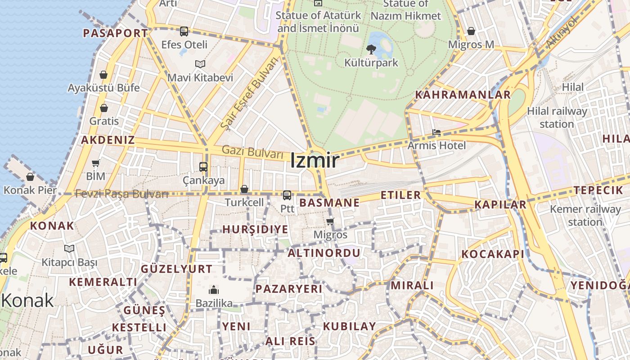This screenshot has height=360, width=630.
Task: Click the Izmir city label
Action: click(x=314, y=161)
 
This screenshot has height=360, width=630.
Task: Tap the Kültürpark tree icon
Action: click(x=371, y=49)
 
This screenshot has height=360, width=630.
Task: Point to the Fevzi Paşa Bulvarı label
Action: click(x=121, y=194)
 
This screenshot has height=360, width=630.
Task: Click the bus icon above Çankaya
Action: click(x=203, y=167)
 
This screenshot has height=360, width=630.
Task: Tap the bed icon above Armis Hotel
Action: click(x=436, y=133)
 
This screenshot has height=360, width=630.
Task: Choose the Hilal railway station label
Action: click(x=557, y=117)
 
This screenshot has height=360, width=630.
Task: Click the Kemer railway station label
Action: click(x=585, y=216)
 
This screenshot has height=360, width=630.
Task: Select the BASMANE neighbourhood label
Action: click(x=329, y=203)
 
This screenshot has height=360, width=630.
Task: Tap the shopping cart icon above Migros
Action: click(x=330, y=221)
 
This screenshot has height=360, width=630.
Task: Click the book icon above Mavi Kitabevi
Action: click(x=200, y=64)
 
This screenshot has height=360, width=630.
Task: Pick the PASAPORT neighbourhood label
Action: click(x=116, y=33)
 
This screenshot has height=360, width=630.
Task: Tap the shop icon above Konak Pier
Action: click(x=30, y=177)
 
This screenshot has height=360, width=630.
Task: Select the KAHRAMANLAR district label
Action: click(x=463, y=95)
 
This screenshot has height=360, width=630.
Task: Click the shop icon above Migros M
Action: click(x=471, y=31)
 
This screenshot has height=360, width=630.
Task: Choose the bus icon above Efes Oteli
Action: click(x=184, y=31)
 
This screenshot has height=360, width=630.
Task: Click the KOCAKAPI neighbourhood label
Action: click(x=493, y=254)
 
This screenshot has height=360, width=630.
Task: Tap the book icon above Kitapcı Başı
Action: click(x=69, y=248)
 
